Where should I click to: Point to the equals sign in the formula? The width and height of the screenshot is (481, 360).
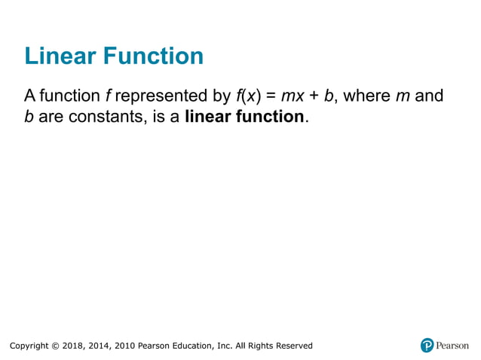[268, 96]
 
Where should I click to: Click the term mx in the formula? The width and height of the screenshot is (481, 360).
[293, 96]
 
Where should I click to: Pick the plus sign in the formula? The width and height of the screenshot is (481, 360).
[314, 96]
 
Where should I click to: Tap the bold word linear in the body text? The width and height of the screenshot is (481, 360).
[207, 118]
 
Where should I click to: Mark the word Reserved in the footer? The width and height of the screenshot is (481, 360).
[293, 346]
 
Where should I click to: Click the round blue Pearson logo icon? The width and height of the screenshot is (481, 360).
[427, 346]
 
